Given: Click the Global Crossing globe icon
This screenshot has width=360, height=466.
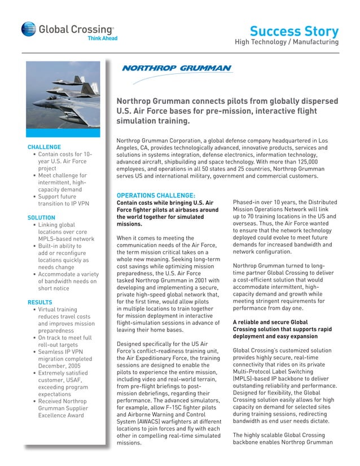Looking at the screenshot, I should (x=28, y=30).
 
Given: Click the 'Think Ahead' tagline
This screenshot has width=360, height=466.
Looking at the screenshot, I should (x=102, y=38).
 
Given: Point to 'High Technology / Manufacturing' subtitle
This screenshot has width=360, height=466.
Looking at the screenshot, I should (x=287, y=42).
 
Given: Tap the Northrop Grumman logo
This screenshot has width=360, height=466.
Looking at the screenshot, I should (x=177, y=69).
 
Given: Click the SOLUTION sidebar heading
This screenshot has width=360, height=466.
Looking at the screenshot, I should (x=41, y=217).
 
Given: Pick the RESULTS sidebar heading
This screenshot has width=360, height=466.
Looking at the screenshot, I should (x=39, y=302).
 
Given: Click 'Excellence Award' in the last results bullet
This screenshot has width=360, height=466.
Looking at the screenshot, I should (x=61, y=415).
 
